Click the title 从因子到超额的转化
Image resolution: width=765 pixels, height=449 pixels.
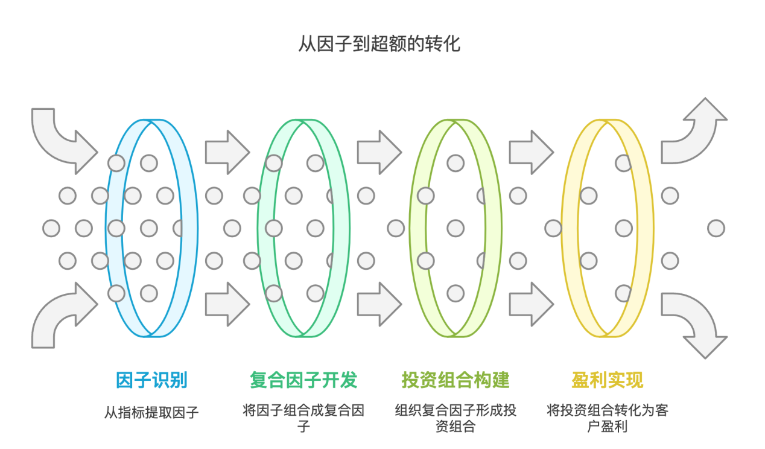coord(379,44)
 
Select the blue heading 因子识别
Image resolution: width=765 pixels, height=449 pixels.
coord(151,380)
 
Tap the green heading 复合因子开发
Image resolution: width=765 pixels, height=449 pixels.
coord(303,380)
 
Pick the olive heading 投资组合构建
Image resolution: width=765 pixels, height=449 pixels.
coord(456,380)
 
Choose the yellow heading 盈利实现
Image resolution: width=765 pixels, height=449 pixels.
coord(607,380)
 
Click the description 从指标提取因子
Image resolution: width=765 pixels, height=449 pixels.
coord(151,413)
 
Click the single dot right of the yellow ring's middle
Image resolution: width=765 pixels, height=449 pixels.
coord(716,228)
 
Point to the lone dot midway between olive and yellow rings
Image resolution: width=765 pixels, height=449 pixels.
coord(553,228)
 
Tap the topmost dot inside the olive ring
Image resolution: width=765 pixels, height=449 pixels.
coord(456,163)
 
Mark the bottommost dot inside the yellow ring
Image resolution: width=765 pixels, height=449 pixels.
coord(623,293)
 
